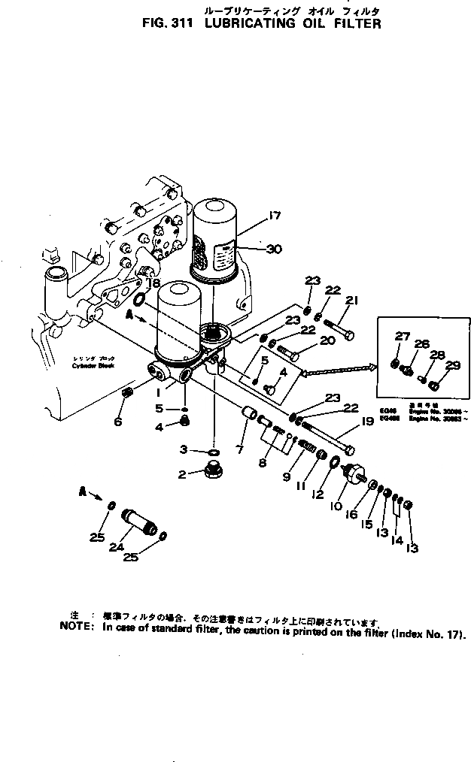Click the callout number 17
274,216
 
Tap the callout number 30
273,249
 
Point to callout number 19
367,422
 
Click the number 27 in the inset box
403,336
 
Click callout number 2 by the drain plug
181,474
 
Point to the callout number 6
118,422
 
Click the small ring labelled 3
213,453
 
